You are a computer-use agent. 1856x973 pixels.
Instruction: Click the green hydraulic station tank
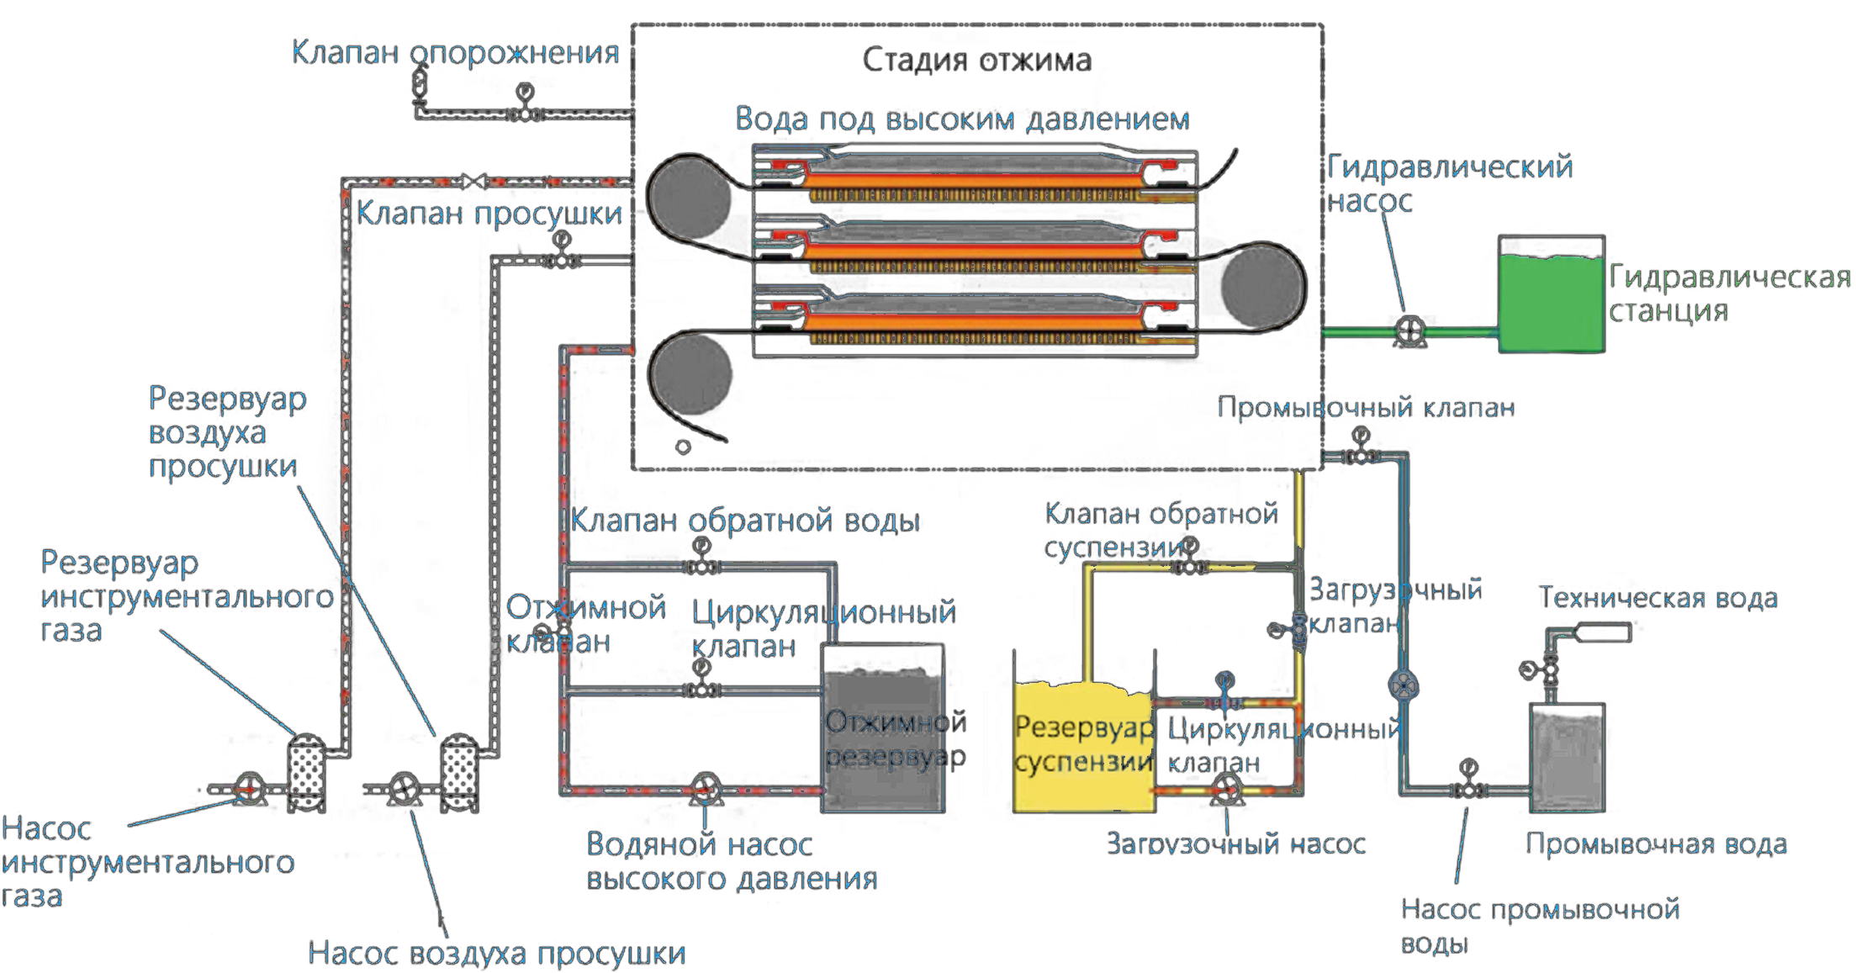[x=1551, y=304]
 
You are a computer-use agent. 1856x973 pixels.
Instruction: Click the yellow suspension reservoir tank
[x=1082, y=748]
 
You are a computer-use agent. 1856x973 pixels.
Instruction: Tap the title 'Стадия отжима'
[x=977, y=60]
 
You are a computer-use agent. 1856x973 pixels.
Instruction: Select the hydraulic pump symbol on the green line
[x=1409, y=330]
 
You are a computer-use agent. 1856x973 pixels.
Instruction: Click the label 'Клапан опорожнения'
[x=455, y=53]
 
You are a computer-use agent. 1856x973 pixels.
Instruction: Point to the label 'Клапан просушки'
[x=489, y=214]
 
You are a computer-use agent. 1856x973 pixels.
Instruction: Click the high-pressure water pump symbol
[x=705, y=790]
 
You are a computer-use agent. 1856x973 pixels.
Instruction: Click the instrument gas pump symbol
[x=249, y=788]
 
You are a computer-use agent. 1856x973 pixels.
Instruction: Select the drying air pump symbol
[x=405, y=788]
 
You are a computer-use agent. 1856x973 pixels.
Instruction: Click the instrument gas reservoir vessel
[x=307, y=772]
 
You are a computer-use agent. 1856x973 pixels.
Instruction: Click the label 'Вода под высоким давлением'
[x=962, y=119]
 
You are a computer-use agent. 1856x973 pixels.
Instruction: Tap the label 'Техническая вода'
[x=1658, y=598]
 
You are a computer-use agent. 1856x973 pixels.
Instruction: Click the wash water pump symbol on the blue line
[x=1403, y=686]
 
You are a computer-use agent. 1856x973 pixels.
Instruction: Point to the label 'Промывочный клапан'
[x=1366, y=408]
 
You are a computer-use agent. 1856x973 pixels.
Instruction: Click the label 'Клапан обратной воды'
[x=745, y=521]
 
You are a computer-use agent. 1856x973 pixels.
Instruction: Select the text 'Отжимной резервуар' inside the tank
[x=895, y=739]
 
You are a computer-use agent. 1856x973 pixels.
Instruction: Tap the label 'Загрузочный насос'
[x=1235, y=843]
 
